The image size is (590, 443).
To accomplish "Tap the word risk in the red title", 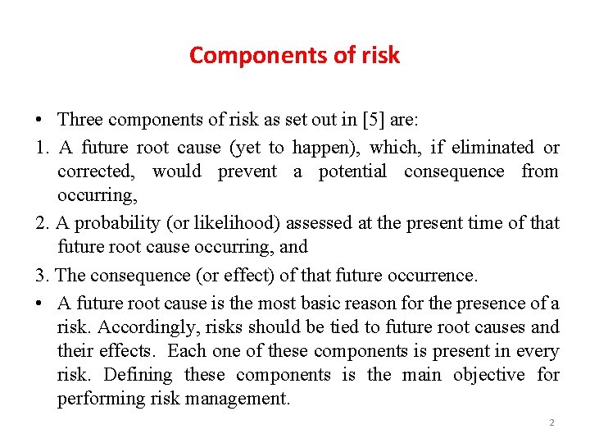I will (383, 56).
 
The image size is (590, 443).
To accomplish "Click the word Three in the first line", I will (80, 120).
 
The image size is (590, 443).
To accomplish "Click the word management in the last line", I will (242, 400).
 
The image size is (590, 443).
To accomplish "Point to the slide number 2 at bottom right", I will (551, 423).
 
